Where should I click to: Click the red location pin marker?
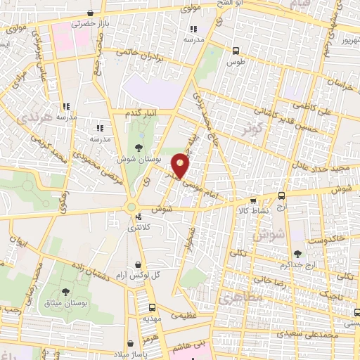(181, 165)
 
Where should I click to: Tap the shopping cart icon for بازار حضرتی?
(90, 13)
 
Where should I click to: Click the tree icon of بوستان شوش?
(137, 147)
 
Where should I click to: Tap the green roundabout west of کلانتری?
(130, 207)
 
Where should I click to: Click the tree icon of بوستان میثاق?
(65, 290)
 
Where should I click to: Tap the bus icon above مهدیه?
(153, 307)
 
